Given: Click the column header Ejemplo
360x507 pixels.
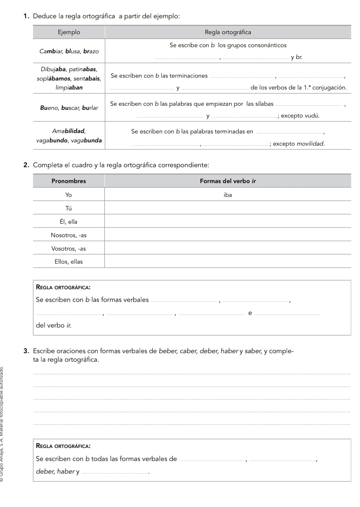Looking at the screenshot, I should (68, 32).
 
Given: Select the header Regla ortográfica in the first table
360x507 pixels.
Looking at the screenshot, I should (228, 32).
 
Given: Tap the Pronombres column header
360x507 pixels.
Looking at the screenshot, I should (68, 181).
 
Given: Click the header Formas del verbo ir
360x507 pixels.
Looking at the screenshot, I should (228, 181).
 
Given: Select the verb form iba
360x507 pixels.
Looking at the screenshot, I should (228, 195).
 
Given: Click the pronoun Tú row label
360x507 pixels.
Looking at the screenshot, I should (68, 208).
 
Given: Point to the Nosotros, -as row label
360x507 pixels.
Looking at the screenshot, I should (68, 235).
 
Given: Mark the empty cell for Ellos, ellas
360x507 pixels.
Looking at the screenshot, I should (228, 262).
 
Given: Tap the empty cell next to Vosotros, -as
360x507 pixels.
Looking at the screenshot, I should (228, 248).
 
